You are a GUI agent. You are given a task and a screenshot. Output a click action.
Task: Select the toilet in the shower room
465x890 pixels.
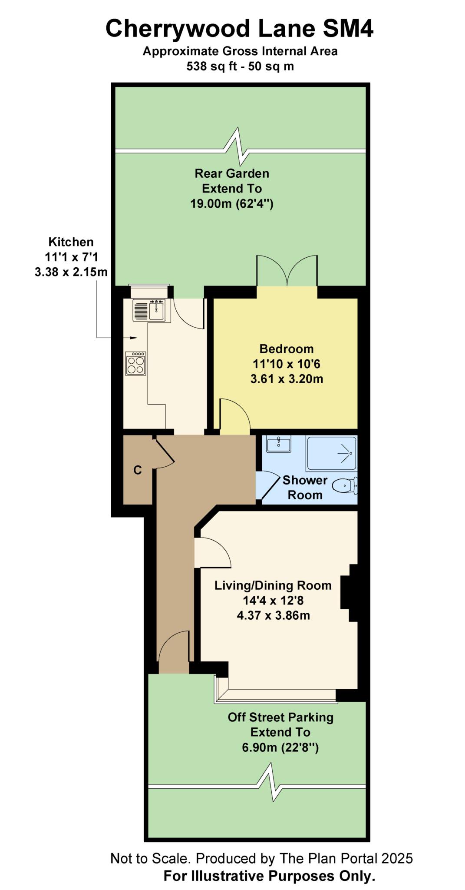click(345, 485)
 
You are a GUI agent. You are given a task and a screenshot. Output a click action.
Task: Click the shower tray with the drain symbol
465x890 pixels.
click(331, 453)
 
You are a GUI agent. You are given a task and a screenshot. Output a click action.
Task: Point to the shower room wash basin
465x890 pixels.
click(278, 444)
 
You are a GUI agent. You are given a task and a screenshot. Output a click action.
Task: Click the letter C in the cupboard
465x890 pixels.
click(138, 470)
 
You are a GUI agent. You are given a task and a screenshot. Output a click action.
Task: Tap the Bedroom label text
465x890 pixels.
click(286, 349)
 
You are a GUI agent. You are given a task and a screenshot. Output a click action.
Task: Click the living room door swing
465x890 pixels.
click(213, 552)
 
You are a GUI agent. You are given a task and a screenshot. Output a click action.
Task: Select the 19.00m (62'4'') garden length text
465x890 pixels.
click(232, 203)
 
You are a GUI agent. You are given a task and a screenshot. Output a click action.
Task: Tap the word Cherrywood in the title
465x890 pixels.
click(178, 29)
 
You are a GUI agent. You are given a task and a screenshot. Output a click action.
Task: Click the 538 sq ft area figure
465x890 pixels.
click(210, 66)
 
